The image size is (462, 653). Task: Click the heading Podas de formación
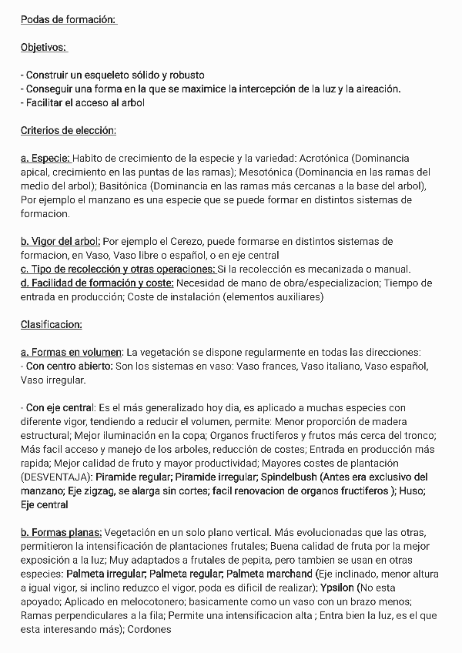[68, 19]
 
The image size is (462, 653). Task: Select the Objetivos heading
[44, 47]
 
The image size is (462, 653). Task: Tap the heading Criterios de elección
[68, 130]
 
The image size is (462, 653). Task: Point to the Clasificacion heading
[51, 324]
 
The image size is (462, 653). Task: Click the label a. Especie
[45, 158]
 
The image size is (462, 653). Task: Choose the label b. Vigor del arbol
[60, 241]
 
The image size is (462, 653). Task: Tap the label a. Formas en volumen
[72, 352]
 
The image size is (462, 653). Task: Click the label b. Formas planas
[61, 532]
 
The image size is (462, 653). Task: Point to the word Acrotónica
[323, 158]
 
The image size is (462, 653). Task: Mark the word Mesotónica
[268, 172]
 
